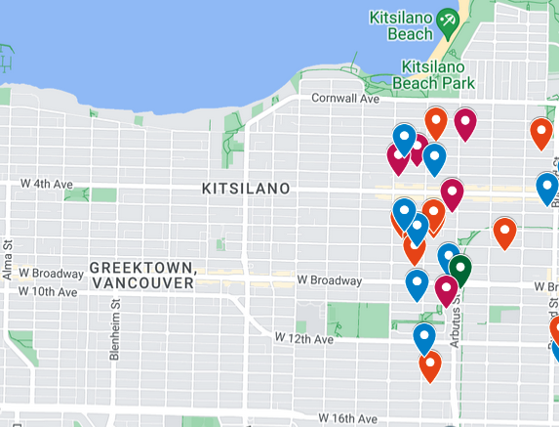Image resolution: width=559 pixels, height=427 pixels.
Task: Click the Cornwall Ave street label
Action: pyautogui.click(x=343, y=99)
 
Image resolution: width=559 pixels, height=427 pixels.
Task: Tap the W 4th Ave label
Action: pyautogui.click(x=47, y=183)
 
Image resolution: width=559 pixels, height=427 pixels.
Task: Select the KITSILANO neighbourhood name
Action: pyautogui.click(x=245, y=188)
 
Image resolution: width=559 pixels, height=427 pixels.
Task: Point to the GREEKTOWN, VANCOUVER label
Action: pyautogui.click(x=140, y=275)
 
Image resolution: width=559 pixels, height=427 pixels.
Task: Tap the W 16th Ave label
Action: pyautogui.click(x=345, y=417)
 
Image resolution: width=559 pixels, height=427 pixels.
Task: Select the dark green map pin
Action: pyautogui.click(x=459, y=268)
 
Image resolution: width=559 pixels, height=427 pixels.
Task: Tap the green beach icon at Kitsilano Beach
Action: pyautogui.click(x=447, y=21)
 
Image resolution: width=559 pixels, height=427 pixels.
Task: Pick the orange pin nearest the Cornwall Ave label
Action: pyautogui.click(x=436, y=122)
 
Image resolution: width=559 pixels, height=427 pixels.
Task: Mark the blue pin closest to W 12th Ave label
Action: pyautogui.click(x=423, y=337)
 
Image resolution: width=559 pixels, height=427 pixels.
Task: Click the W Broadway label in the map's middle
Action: pyautogui.click(x=330, y=280)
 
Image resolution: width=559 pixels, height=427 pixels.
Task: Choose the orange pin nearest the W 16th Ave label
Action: pyautogui.click(x=430, y=364)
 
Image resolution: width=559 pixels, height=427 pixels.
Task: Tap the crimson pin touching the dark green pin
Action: pyautogui.click(x=447, y=289)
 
